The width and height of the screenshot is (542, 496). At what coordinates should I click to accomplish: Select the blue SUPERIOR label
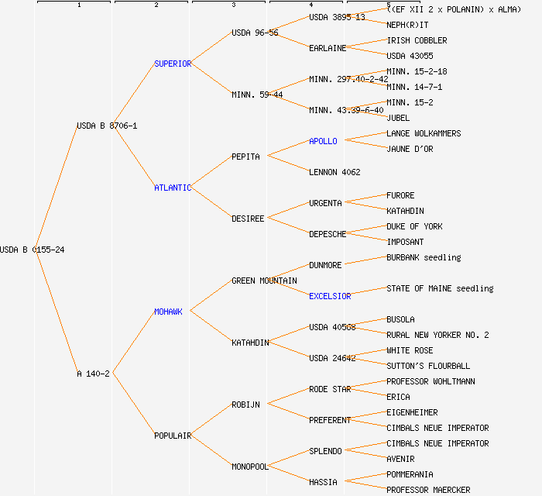[172, 64]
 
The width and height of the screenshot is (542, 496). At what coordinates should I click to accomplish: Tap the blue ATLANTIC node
[172, 188]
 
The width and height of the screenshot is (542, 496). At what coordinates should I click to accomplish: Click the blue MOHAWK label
[168, 312]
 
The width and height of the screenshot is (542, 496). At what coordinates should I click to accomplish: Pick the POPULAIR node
[172, 436]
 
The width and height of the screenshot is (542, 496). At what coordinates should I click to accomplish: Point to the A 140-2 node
[93, 374]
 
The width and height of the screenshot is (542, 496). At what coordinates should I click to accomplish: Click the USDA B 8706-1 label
[107, 126]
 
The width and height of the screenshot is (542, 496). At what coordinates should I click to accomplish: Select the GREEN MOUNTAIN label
[264, 281]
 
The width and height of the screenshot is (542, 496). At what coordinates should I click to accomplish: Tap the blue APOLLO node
[323, 141]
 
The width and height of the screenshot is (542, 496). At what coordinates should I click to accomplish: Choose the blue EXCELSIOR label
[330, 296]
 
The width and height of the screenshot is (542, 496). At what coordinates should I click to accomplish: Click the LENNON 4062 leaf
[334, 172]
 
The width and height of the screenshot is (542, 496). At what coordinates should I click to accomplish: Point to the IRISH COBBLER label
[417, 40]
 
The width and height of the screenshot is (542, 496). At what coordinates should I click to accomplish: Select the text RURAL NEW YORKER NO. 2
[437, 335]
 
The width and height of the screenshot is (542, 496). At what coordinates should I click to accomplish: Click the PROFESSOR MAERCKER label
[428, 490]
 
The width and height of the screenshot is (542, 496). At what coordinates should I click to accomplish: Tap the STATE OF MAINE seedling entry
[440, 288]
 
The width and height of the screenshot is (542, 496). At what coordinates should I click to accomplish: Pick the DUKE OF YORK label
[414, 226]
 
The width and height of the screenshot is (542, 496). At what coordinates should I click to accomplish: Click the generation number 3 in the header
[233, 5]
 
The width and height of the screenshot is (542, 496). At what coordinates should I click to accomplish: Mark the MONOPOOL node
[249, 467]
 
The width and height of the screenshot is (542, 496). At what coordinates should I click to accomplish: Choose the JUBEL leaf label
[398, 118]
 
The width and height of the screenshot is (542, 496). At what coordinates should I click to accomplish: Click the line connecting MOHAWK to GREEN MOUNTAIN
[211, 296]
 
